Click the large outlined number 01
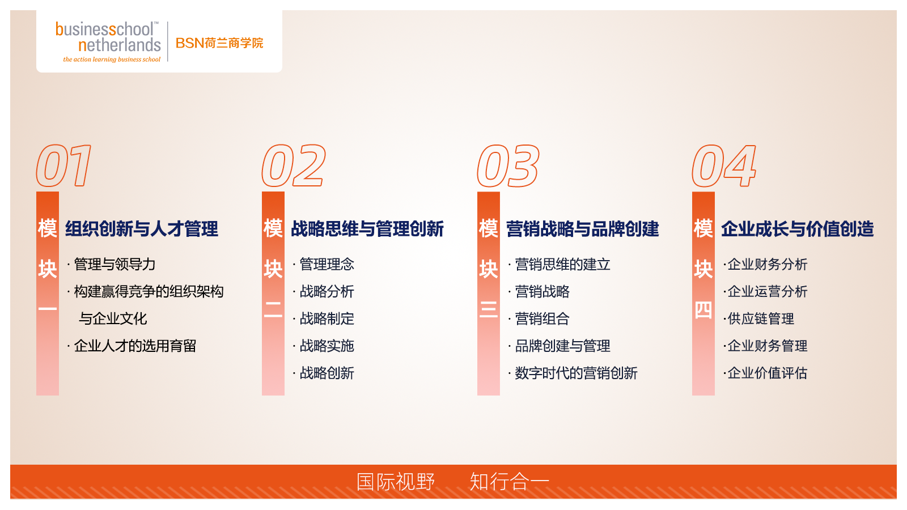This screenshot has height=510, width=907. click(63, 165)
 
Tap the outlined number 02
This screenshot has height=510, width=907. click(294, 165)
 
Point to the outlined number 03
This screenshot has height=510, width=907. click(508, 165)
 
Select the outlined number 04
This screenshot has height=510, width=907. click(724, 165)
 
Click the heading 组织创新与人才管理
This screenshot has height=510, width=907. click(142, 229)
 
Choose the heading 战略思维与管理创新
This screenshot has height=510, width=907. click(367, 229)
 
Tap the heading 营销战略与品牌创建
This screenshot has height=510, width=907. click(583, 229)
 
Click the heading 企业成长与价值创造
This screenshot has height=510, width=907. click(797, 229)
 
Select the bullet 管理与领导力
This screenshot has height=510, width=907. click(115, 264)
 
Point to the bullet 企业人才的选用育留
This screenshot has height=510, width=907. click(135, 346)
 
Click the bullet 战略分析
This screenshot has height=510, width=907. click(327, 291)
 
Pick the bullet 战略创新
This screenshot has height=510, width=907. click(327, 373)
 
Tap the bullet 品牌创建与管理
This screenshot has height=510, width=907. click(562, 346)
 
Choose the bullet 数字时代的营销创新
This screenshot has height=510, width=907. click(576, 373)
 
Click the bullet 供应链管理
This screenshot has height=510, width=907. click(761, 319)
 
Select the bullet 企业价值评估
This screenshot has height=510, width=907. click(768, 373)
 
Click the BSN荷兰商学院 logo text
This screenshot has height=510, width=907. click(219, 43)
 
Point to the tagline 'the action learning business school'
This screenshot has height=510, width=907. click(112, 59)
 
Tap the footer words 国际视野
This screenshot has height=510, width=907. click(396, 482)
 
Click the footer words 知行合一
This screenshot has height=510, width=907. click(509, 482)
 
